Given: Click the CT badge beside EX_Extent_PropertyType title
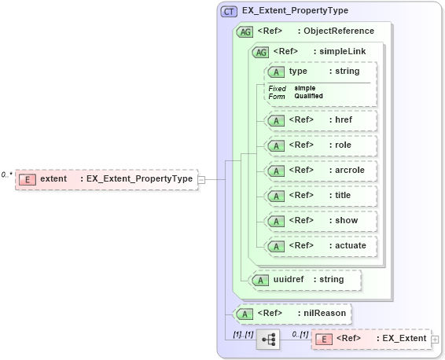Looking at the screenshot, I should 229,11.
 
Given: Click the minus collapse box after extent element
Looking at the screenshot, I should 201,179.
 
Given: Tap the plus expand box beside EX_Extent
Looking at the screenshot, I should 435,339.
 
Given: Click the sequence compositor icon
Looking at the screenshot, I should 268,339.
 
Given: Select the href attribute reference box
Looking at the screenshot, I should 320,120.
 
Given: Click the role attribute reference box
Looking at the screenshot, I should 320,145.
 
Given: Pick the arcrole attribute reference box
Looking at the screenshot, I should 320,171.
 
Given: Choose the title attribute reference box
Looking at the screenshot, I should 320,196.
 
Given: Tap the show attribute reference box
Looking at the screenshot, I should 320,221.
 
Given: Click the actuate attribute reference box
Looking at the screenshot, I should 320,246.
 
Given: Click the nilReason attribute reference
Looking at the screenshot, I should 293,314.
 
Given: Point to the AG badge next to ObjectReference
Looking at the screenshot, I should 245,32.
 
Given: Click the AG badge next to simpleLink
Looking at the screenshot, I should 259,52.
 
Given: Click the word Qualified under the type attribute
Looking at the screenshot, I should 308,96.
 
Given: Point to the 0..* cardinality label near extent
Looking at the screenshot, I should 7,174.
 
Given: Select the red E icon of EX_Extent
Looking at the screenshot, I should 323,339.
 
